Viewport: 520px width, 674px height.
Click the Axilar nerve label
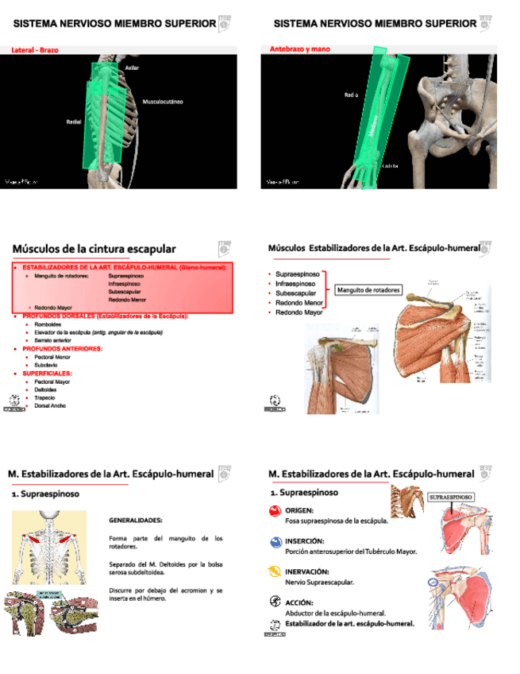click(x=132, y=68)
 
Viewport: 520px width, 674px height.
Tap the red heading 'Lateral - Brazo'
click(x=35, y=49)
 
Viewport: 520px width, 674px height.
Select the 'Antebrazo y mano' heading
click(x=300, y=49)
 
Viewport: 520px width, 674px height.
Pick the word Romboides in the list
click(x=50, y=324)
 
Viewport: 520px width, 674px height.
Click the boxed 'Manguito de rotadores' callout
click(x=369, y=289)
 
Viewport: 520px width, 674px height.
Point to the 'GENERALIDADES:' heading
click(x=136, y=520)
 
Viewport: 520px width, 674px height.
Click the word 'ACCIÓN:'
click(x=299, y=602)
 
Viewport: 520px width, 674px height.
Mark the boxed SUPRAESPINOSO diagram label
click(x=452, y=497)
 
